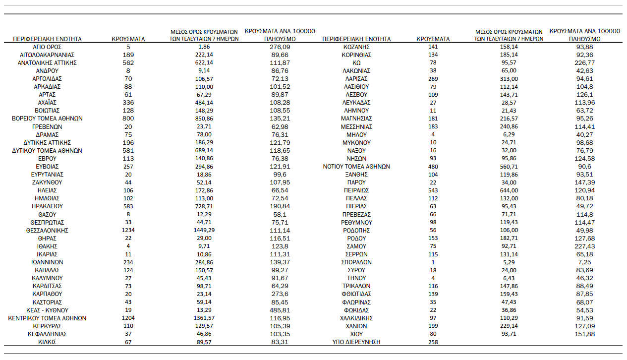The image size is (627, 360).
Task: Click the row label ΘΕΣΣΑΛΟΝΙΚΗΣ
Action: pos(47,230)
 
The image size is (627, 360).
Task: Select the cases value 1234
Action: pos(128,230)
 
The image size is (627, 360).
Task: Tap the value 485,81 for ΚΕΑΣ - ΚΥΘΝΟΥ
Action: pos(280,310)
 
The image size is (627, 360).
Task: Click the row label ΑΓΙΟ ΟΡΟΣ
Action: pos(47,47)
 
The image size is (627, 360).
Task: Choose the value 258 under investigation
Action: pos(433,342)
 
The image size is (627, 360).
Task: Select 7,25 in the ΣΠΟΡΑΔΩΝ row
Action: pos(585,262)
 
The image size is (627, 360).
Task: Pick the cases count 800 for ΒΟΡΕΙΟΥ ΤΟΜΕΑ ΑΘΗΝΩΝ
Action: pos(128,119)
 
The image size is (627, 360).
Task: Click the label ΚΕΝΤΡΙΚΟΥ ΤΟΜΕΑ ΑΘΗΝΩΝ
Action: pos(47,318)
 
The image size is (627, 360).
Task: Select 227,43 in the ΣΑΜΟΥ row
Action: pos(585,246)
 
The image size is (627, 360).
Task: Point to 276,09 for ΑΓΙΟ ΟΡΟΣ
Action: pos(280,47)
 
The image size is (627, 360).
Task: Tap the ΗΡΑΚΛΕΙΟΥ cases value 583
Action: pos(128,206)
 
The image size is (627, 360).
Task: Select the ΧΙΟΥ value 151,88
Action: pos(585,334)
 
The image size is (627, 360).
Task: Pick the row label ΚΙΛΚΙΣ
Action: pos(47,342)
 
